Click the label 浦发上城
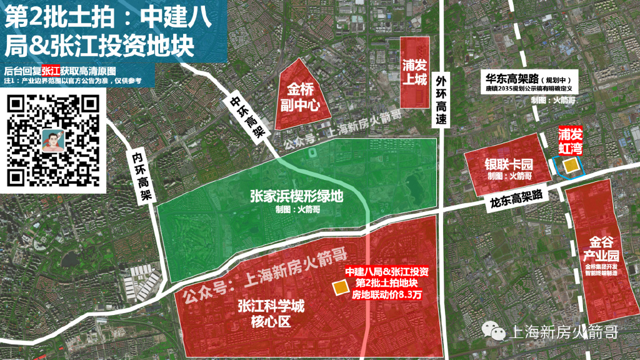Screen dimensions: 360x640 (x=414, y=74)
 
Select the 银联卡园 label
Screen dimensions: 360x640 (x=509, y=166)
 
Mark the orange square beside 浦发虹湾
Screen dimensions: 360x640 (x=569, y=165)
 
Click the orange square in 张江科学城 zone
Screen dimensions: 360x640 (x=340, y=287)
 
